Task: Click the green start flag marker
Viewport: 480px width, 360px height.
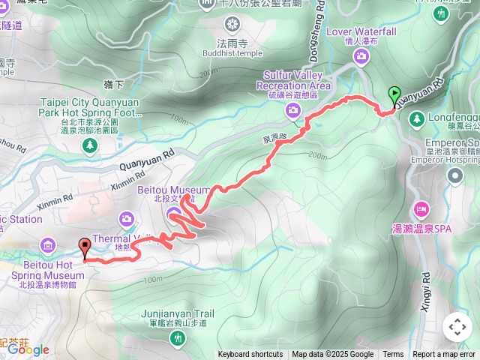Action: (x=394, y=95)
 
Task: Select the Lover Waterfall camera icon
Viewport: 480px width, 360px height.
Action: (x=362, y=56)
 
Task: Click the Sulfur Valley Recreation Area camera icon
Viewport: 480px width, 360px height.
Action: (x=292, y=112)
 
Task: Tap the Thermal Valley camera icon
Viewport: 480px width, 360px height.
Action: (x=127, y=219)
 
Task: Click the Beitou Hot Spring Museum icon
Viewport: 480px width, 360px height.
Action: (x=49, y=244)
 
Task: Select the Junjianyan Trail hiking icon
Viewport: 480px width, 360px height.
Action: (x=177, y=338)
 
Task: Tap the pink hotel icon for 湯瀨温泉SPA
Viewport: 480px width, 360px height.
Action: (x=421, y=207)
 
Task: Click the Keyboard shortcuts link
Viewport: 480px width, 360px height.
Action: (x=250, y=355)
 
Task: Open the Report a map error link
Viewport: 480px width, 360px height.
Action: (x=444, y=355)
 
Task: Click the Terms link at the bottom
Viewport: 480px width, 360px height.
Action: (x=393, y=355)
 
